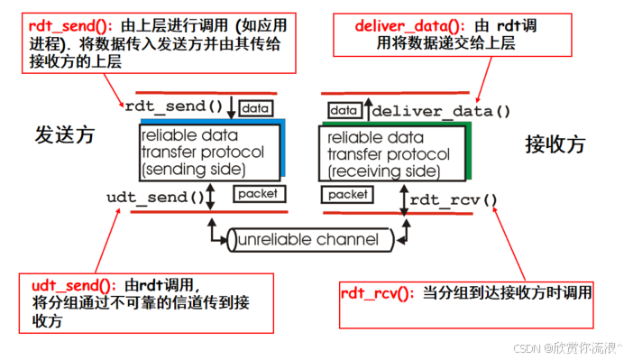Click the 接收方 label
pos(555,143)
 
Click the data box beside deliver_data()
pos(344,110)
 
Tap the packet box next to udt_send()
pos(259,194)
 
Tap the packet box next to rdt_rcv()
pos(347,194)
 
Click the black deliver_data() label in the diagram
pos(441,112)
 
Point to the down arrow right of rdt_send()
pos(232,106)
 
